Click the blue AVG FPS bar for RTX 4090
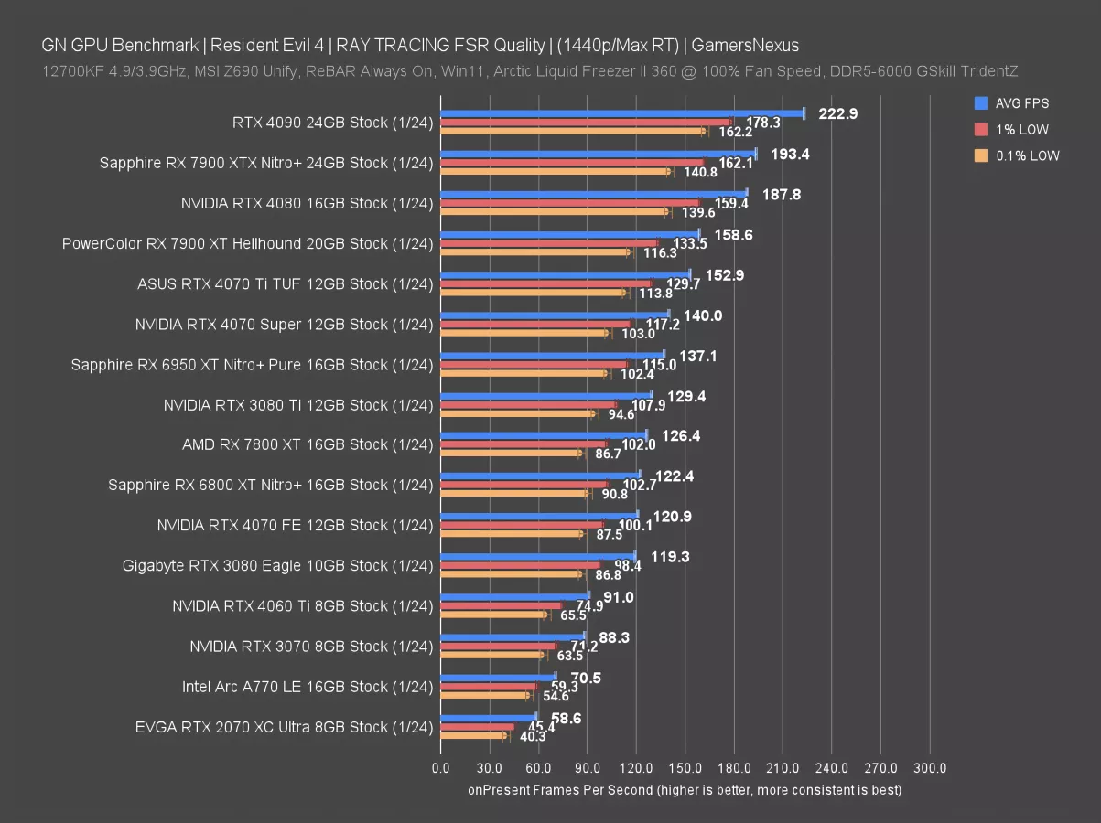coord(622,113)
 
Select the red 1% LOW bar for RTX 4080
coord(569,203)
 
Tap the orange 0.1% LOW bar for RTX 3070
coord(491,655)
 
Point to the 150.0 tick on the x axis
coord(685,768)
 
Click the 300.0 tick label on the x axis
coord(930,768)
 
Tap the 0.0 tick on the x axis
coord(440,768)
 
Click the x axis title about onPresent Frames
coord(685,789)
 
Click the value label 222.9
coord(836,113)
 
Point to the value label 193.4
coord(789,154)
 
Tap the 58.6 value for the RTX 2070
coord(567,719)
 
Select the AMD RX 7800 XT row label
coord(308,444)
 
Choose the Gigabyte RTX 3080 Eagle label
coord(277,566)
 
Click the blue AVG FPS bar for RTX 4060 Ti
coord(514,596)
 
